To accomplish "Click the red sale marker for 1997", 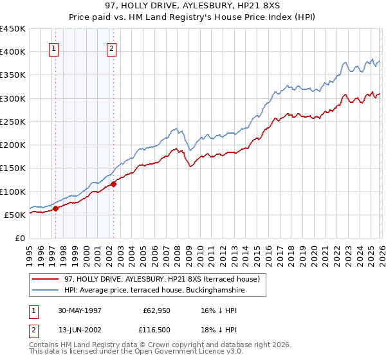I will [x=56, y=208].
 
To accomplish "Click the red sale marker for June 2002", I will [x=113, y=184].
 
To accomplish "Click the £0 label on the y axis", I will [x=21, y=238].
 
